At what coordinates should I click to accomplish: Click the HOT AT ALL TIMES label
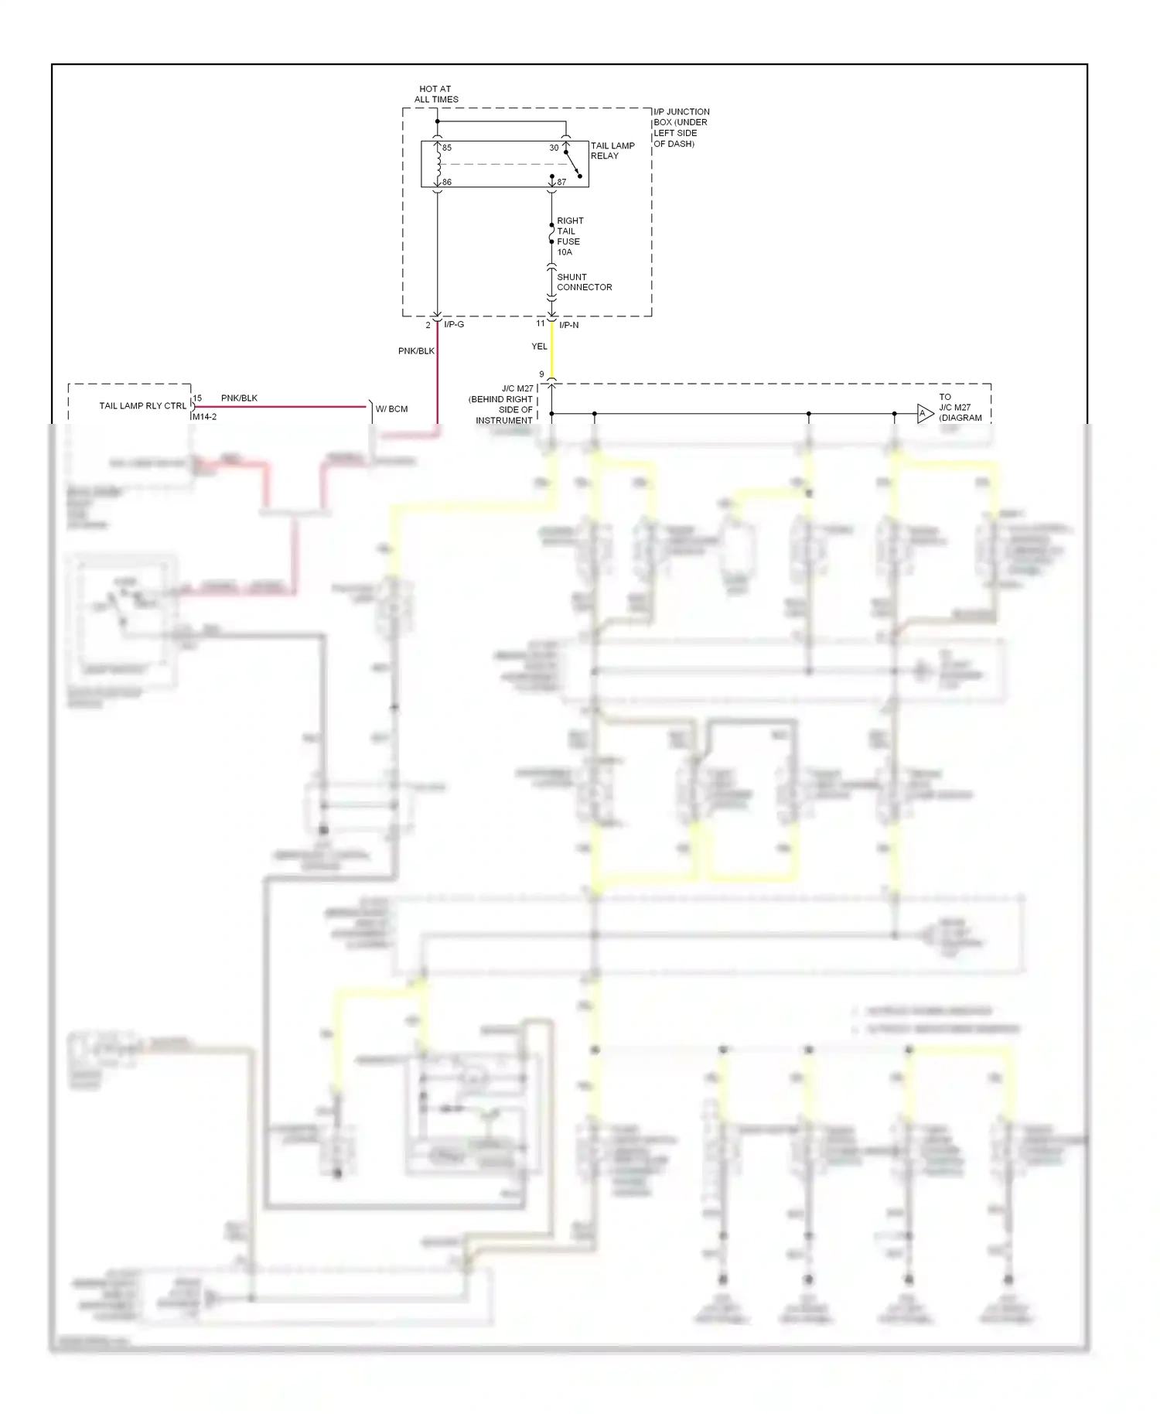point(436,94)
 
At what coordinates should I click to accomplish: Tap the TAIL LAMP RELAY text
point(612,151)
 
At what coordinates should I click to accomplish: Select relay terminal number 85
point(447,148)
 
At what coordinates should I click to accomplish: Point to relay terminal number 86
point(447,183)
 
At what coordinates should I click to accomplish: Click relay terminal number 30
point(554,148)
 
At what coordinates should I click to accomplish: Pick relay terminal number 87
point(561,183)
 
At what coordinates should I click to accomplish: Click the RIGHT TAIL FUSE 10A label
point(569,236)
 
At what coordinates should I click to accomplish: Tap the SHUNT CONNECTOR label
point(584,282)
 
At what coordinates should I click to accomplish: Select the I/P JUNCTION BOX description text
point(681,128)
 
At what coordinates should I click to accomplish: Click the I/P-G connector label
point(454,324)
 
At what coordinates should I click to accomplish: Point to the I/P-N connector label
point(568,325)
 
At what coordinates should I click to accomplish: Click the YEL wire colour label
point(539,347)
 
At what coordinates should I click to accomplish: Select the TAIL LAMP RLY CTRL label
point(143,406)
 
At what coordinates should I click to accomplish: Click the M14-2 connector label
point(204,417)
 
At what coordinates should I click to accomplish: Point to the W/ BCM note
point(391,409)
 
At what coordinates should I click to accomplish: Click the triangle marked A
point(923,414)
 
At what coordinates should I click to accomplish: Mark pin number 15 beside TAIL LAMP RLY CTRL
point(197,398)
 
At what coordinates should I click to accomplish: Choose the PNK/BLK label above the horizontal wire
point(239,398)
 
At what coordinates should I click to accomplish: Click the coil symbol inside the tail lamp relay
point(438,164)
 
